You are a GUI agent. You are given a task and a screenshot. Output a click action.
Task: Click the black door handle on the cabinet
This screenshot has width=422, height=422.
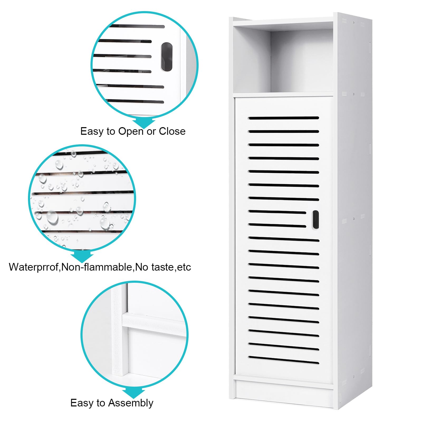[315, 219]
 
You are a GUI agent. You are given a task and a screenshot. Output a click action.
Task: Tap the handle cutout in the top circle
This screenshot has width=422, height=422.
[167, 57]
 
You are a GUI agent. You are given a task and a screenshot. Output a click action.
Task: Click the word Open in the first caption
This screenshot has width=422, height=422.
[131, 132]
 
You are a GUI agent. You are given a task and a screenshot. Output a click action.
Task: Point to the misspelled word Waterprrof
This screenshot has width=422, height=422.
[35, 267]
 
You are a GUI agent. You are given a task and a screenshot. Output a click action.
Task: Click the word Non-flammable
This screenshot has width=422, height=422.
[97, 267]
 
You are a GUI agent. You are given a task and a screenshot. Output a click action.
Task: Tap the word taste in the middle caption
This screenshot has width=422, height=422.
[163, 267]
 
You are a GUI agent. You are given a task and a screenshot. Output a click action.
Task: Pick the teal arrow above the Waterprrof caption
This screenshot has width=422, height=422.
[82, 255]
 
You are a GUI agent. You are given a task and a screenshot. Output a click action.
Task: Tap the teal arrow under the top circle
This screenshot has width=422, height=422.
[144, 122]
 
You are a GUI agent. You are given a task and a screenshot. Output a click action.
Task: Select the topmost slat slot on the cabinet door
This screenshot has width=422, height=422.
[284, 118]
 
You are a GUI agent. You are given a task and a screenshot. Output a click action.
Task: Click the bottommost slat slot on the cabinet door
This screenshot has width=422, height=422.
[284, 360]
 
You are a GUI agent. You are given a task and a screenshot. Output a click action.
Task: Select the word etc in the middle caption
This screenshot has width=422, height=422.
[184, 267]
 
